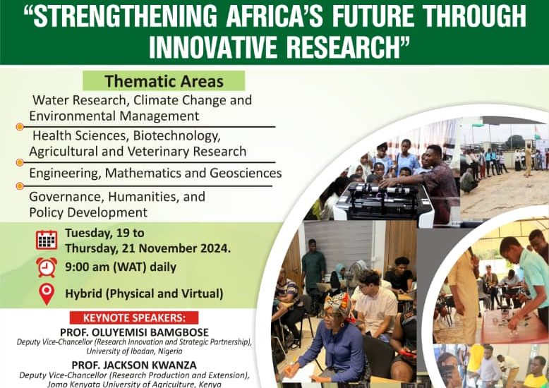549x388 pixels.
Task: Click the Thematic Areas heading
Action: (164, 81)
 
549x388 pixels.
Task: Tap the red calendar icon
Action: (47, 240)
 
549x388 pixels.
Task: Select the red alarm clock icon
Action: (47, 267)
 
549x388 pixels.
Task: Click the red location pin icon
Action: (47, 294)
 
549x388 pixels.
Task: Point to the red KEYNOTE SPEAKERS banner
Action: (134, 317)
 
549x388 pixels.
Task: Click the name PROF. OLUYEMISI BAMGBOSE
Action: (134, 332)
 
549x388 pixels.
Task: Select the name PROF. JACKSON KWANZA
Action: (134, 365)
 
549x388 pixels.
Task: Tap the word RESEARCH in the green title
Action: (344, 47)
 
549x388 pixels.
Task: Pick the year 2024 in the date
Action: (215, 248)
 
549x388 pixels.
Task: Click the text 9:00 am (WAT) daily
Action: (121, 267)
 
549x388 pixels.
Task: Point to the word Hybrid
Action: (83, 293)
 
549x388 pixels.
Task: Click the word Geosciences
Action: (246, 173)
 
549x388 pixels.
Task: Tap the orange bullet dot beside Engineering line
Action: (20, 186)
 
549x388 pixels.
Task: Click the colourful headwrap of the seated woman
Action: (338, 305)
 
